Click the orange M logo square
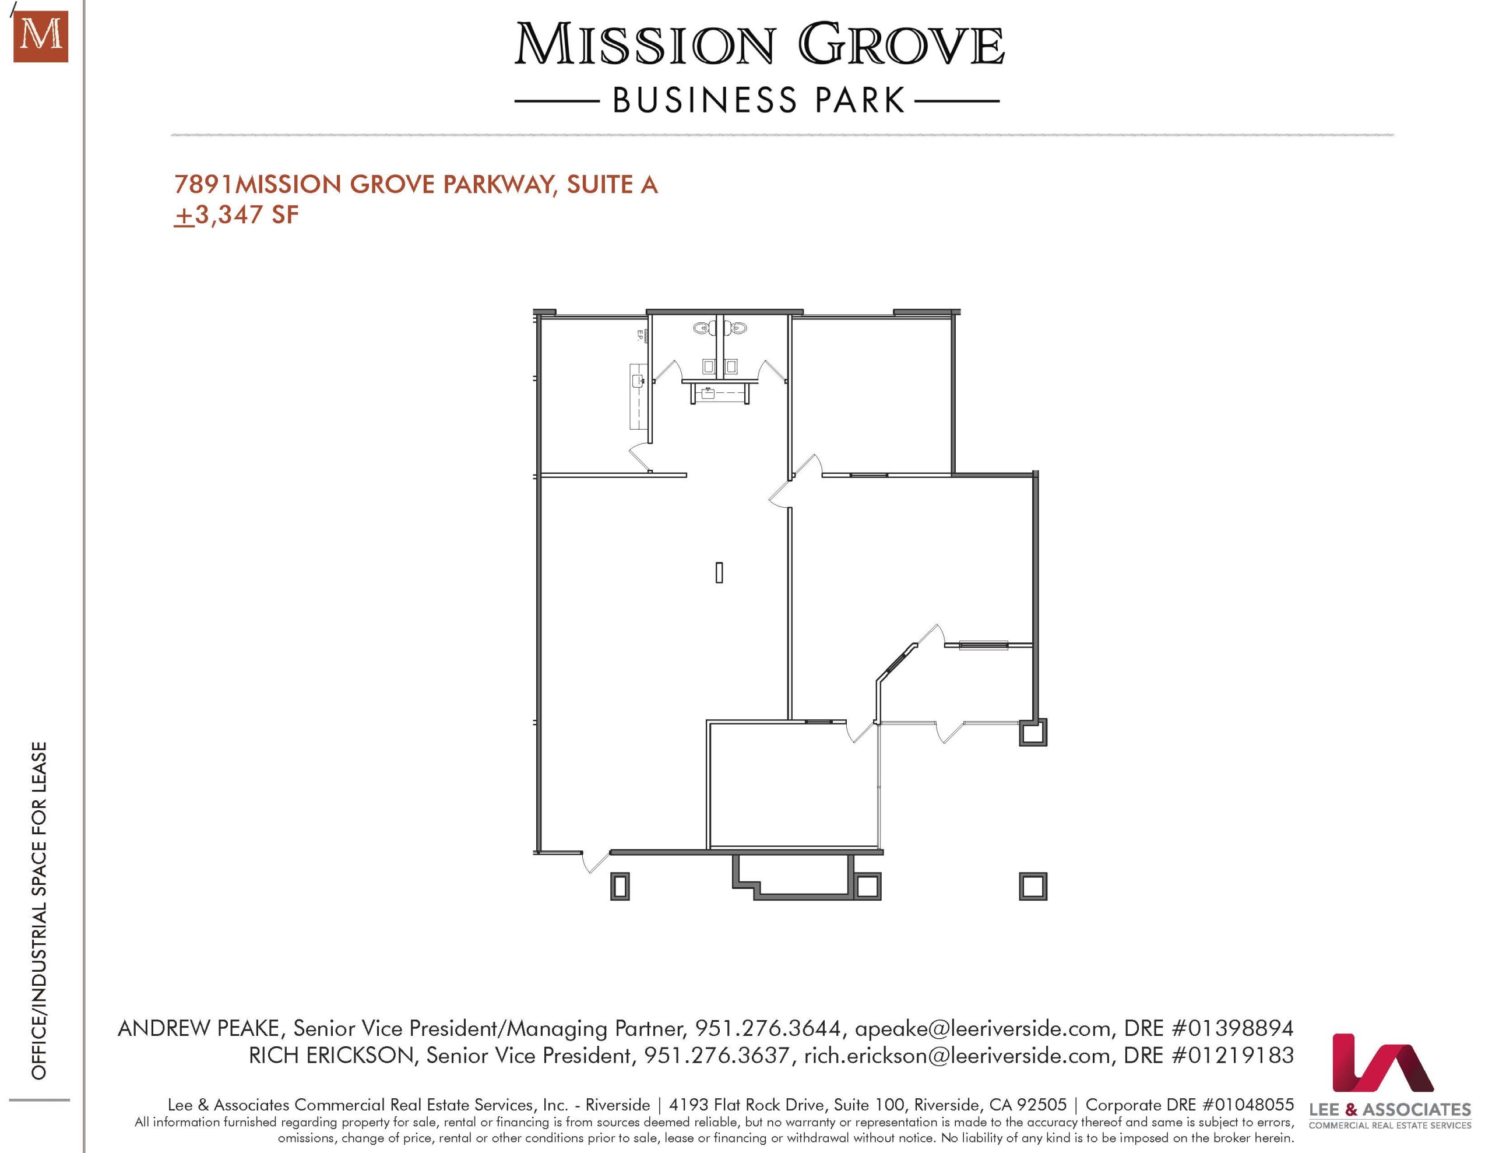click(x=41, y=37)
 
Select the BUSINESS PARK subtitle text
click(x=758, y=100)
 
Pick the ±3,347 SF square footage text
click(x=237, y=215)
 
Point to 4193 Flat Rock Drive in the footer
click(x=748, y=1105)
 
